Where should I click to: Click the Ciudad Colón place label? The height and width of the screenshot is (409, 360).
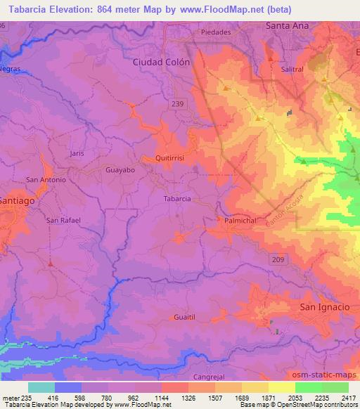(x=161, y=62)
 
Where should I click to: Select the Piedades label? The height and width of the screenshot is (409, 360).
(x=216, y=33)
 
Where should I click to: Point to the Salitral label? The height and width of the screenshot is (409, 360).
(x=292, y=70)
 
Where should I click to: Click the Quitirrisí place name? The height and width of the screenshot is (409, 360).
(x=169, y=159)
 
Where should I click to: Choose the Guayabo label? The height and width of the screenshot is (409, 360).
(x=119, y=170)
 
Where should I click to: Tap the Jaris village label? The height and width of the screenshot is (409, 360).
(x=77, y=152)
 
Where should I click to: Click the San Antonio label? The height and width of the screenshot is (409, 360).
(x=46, y=180)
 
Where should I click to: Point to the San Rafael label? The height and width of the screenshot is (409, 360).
(x=63, y=220)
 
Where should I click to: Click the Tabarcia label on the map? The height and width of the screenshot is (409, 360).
(x=176, y=199)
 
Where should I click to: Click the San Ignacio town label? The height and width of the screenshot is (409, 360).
(x=324, y=307)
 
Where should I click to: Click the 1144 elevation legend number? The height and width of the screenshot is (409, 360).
(x=160, y=398)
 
